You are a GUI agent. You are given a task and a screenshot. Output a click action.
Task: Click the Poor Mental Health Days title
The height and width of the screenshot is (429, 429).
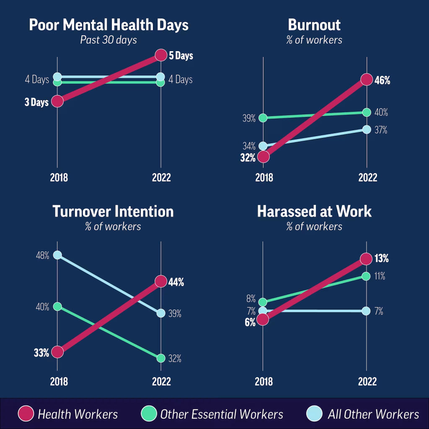(x=109, y=25)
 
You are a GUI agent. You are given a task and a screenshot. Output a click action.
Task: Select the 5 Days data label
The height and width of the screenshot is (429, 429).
(x=181, y=55)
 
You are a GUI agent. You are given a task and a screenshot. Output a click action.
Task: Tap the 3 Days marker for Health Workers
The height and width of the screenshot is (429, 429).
(x=57, y=101)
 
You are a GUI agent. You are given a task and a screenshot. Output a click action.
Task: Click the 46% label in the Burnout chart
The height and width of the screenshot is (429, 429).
(x=382, y=80)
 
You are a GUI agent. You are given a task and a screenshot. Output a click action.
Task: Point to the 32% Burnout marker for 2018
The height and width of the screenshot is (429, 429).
(x=263, y=157)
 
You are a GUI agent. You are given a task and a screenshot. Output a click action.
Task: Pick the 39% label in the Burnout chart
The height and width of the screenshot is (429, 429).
(x=248, y=119)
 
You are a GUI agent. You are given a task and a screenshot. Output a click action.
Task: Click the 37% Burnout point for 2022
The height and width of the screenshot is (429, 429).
(x=367, y=129)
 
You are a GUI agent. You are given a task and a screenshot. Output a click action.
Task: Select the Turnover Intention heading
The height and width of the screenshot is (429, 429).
(x=113, y=212)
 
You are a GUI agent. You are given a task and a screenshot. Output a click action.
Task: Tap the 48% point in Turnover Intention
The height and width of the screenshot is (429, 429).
(x=57, y=255)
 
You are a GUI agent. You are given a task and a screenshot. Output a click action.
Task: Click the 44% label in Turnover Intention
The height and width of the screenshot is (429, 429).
(x=176, y=282)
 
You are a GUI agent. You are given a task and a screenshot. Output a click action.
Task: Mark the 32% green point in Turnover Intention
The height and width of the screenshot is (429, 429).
(x=160, y=358)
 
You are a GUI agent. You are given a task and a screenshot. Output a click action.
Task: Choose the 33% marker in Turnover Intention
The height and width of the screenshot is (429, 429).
(x=57, y=351)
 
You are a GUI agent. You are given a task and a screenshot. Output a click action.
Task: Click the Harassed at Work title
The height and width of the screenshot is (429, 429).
(x=314, y=212)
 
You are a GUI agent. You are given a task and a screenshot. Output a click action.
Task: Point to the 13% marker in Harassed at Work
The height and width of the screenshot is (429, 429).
(x=366, y=259)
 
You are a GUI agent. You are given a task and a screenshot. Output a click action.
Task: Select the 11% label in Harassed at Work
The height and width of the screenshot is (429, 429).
(x=380, y=277)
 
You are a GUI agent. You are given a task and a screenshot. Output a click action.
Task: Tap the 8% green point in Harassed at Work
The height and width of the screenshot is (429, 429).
(x=263, y=302)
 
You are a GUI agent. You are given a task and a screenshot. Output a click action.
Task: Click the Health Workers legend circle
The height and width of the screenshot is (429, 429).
(x=26, y=414)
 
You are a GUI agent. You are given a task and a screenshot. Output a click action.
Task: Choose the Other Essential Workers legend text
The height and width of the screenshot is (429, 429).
(x=222, y=414)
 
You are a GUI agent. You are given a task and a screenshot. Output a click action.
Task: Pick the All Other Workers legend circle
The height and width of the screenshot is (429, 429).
(x=315, y=414)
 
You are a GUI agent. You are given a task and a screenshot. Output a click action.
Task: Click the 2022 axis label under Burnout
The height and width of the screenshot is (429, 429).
(x=367, y=178)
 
